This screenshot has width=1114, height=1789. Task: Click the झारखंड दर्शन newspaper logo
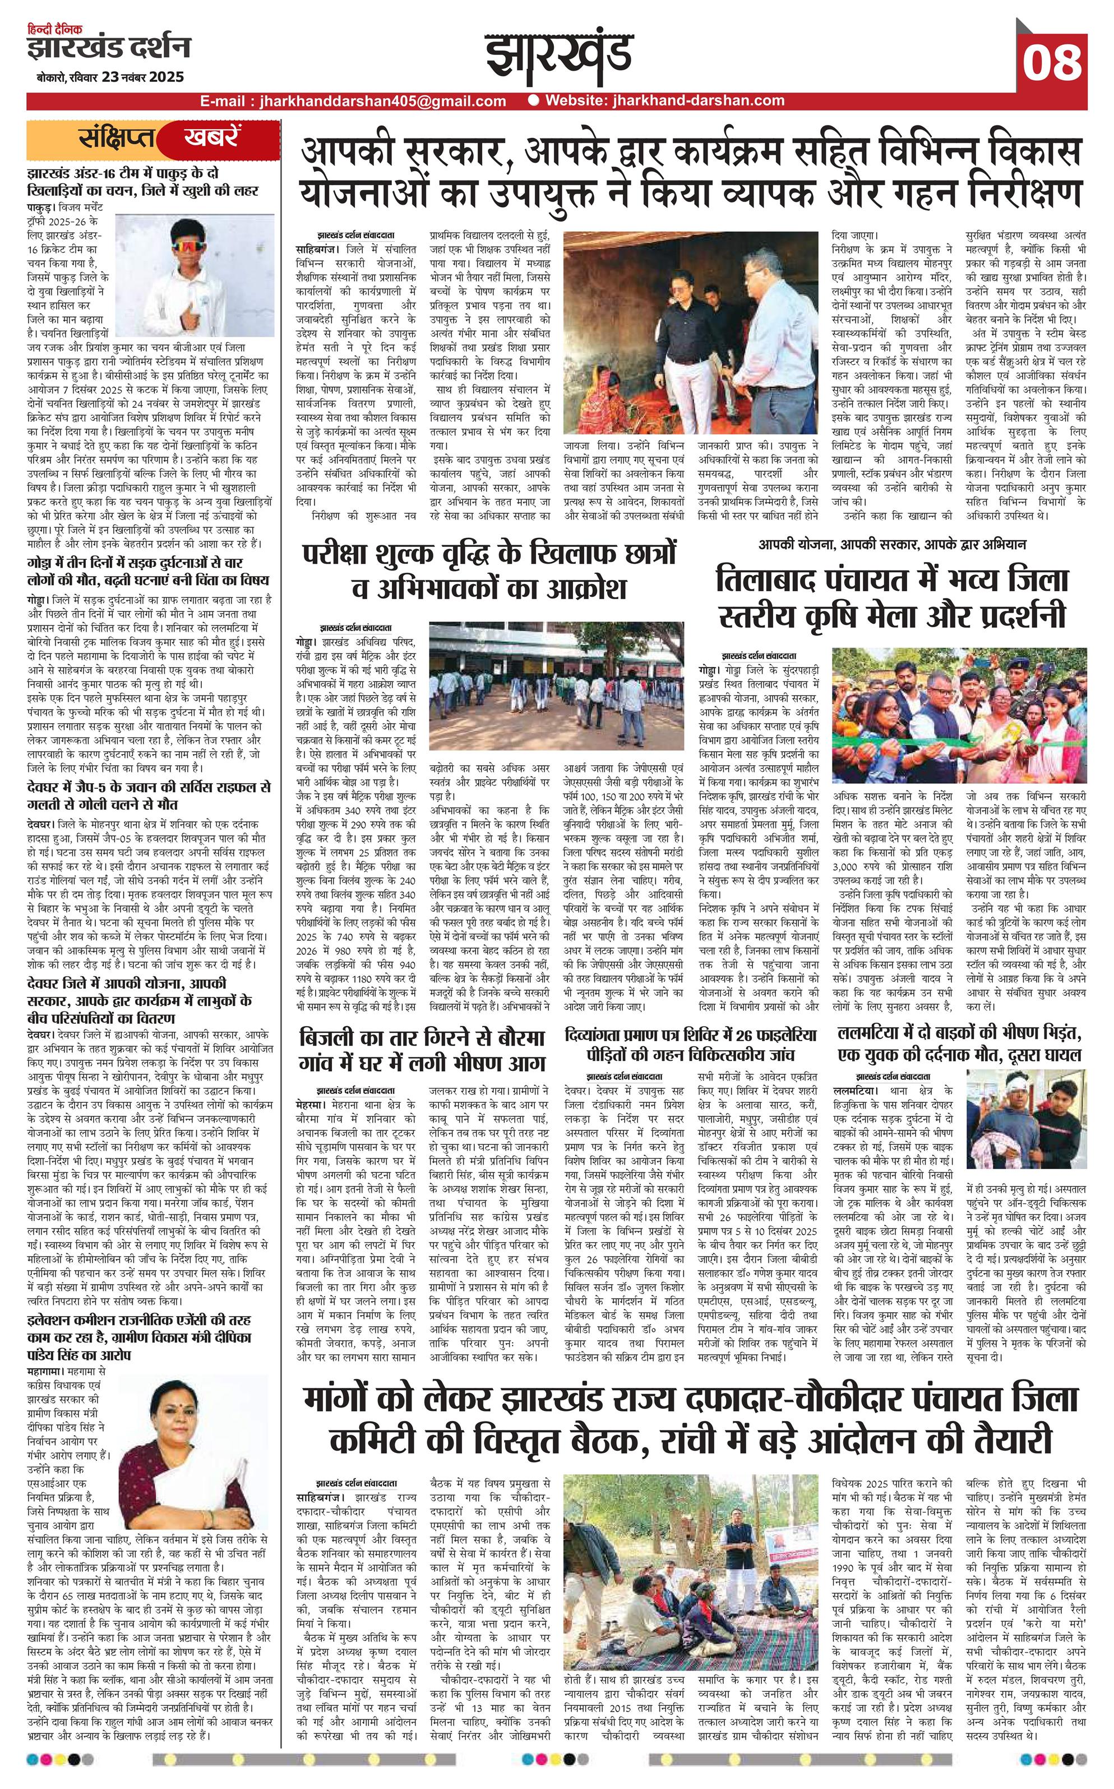pos(108,48)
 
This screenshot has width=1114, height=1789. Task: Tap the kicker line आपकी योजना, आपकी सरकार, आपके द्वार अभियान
pos(892,545)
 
